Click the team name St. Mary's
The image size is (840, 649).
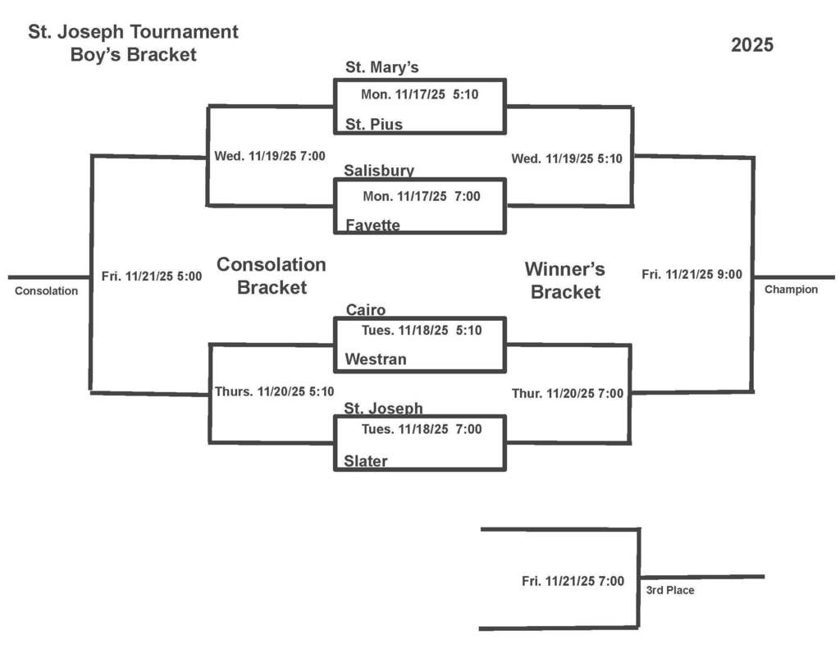(381, 67)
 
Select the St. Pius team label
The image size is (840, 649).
(373, 125)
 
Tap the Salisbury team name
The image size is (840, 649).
(379, 171)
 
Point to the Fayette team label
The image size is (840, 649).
(372, 225)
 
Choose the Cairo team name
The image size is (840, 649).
(366, 310)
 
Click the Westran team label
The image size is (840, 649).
(376, 359)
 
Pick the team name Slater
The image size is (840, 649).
(366, 461)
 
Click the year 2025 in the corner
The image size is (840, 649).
(752, 45)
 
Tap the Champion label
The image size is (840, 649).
(791, 290)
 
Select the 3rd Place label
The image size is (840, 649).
(669, 590)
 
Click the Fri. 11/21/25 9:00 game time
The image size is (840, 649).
(692, 275)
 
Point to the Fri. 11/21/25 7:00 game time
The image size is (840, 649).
(573, 581)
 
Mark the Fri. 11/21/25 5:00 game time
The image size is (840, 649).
(152, 277)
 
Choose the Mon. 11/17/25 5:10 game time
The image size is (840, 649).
(419, 94)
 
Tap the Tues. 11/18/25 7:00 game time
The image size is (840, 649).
(422, 429)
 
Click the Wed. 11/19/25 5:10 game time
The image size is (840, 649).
(567, 158)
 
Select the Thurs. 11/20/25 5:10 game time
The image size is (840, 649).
(274, 391)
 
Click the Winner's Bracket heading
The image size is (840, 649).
(565, 281)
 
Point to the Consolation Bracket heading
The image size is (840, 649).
(272, 276)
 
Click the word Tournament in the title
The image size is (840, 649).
(187, 32)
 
